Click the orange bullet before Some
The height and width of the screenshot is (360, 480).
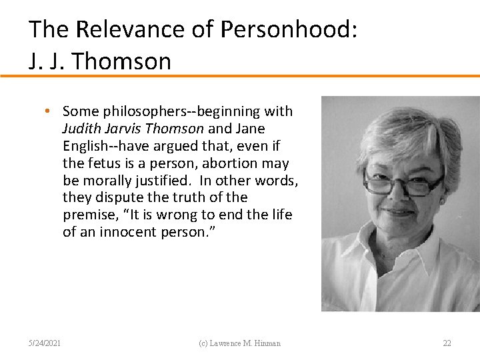pyautogui.click(x=51, y=111)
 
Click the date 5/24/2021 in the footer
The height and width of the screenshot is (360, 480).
pyautogui.click(x=45, y=343)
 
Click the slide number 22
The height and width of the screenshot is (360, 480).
pyautogui.click(x=447, y=343)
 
